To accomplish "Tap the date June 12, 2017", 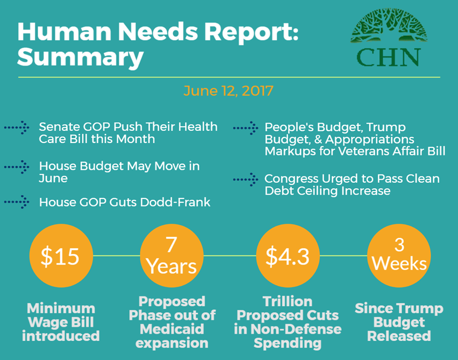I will tap(229, 91).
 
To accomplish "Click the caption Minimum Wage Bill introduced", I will tap(61, 322).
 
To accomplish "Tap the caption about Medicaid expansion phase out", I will tap(172, 322).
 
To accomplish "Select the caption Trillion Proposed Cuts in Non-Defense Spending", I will tap(288, 322).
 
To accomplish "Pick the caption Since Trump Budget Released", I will tap(399, 322).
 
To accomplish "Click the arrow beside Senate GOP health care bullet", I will tap(17, 127).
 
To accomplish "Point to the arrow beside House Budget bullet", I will tap(17, 166).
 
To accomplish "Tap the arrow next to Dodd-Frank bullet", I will tap(17, 202).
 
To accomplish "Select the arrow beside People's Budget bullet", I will tap(245, 127).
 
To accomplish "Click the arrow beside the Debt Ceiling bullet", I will tap(245, 179).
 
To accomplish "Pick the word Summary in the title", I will tap(80, 57).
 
